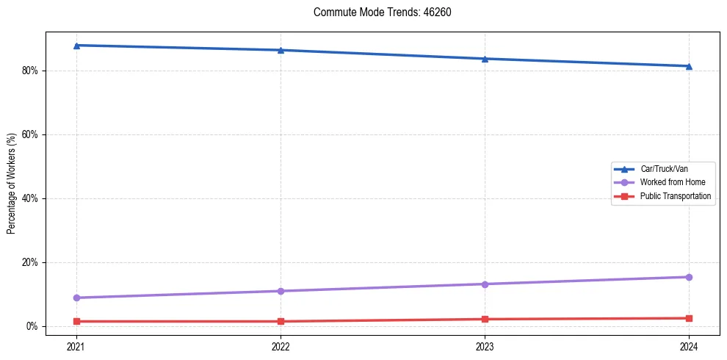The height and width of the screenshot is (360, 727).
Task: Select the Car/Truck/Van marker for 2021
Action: [76, 46]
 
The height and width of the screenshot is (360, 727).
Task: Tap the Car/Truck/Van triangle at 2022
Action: [281, 50]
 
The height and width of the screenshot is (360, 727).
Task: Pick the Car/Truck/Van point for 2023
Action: [485, 59]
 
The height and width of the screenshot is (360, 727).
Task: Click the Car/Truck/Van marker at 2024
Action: [689, 66]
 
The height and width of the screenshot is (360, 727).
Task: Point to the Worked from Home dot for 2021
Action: [76, 298]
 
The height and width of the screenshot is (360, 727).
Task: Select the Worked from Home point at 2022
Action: [281, 291]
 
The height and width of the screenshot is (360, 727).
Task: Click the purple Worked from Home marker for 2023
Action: [485, 284]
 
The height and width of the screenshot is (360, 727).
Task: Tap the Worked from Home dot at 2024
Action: [689, 277]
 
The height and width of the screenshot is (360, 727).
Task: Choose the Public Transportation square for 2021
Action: [76, 321]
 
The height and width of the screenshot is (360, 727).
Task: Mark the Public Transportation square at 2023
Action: [485, 319]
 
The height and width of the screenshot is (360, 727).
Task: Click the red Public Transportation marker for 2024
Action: [689, 318]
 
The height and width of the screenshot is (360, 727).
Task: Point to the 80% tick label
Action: [31, 71]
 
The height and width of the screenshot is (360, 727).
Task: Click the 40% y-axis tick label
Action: [31, 199]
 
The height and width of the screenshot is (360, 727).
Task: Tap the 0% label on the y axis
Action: [33, 326]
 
